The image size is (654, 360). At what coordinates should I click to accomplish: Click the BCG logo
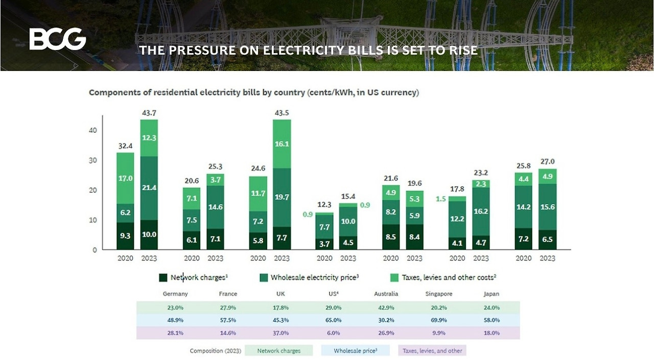[58, 39]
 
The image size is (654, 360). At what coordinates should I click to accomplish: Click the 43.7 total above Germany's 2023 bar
[149, 112]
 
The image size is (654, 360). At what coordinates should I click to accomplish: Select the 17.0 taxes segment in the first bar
[125, 178]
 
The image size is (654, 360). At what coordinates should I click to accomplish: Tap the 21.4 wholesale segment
[149, 188]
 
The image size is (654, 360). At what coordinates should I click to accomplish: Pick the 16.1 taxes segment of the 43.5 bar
[282, 144]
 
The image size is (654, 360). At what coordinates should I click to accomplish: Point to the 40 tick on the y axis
[92, 130]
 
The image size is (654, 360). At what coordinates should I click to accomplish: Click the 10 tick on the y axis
[92, 220]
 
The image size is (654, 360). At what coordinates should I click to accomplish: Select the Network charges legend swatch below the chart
[163, 278]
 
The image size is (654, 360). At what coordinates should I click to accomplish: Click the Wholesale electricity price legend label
[315, 278]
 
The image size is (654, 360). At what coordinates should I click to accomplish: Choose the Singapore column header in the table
[439, 294]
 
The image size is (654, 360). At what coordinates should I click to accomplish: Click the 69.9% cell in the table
[439, 320]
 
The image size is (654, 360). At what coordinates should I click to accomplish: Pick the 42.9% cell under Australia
[386, 307]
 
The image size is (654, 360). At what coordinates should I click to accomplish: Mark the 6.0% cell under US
[334, 333]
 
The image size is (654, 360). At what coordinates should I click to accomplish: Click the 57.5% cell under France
[228, 320]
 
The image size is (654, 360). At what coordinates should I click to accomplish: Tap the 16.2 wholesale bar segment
[480, 211]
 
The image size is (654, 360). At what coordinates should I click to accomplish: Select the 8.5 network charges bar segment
[391, 236]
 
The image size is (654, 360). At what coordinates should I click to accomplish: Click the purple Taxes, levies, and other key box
[432, 351]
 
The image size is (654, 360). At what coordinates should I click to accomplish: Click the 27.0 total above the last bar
[547, 161]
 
